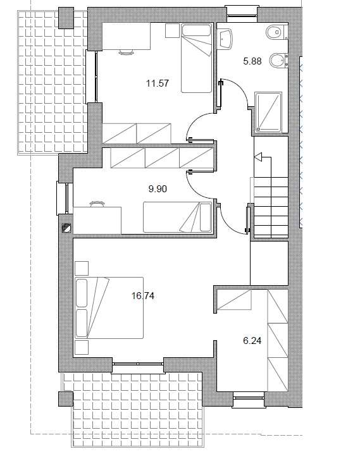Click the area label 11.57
[x=158, y=83]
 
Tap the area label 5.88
[x=252, y=61]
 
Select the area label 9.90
[x=158, y=189]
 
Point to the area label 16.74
[x=143, y=296]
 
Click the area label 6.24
[x=252, y=340]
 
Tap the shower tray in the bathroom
[x=268, y=112]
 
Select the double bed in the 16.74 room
[x=109, y=308]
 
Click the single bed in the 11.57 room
[x=196, y=58]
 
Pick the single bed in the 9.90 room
[x=178, y=217]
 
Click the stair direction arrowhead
[x=258, y=157]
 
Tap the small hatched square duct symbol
[x=66, y=228]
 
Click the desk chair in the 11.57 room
[x=127, y=52]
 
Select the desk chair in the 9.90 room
[x=97, y=204]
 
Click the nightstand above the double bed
[x=82, y=268]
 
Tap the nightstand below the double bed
[x=82, y=347]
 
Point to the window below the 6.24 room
[x=249, y=399]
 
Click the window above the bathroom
[x=242, y=13]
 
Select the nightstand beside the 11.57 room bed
[x=172, y=31]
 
